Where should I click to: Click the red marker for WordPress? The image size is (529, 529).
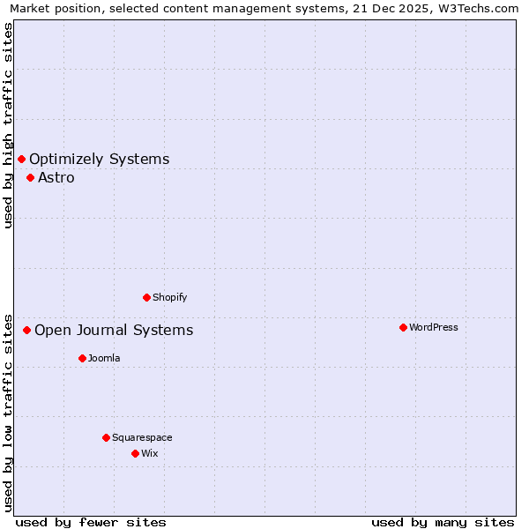(x=403, y=327)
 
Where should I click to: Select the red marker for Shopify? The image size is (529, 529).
(x=146, y=297)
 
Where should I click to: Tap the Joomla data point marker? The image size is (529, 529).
(x=82, y=358)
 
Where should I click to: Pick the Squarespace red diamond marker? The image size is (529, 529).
(x=106, y=437)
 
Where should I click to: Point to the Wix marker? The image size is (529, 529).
(x=135, y=453)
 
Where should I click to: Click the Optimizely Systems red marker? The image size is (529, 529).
(x=22, y=159)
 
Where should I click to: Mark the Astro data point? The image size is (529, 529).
(x=30, y=177)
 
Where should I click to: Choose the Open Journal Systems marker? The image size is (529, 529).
(x=26, y=330)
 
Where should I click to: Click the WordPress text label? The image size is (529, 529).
(x=434, y=327)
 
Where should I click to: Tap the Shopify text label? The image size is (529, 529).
(x=170, y=297)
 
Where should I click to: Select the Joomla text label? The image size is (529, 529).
(x=104, y=358)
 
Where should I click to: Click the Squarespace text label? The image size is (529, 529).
(x=142, y=437)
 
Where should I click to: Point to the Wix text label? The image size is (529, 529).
(x=150, y=453)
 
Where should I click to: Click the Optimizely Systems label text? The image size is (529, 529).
(x=100, y=160)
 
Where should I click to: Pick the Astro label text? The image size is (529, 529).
(x=56, y=178)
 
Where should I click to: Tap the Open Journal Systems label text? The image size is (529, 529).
(x=114, y=331)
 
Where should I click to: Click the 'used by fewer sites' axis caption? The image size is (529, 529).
(x=91, y=522)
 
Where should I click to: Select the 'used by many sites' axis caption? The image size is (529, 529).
(x=443, y=522)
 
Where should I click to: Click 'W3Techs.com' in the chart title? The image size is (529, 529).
(x=481, y=9)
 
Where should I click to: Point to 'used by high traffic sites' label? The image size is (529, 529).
(x=9, y=125)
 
